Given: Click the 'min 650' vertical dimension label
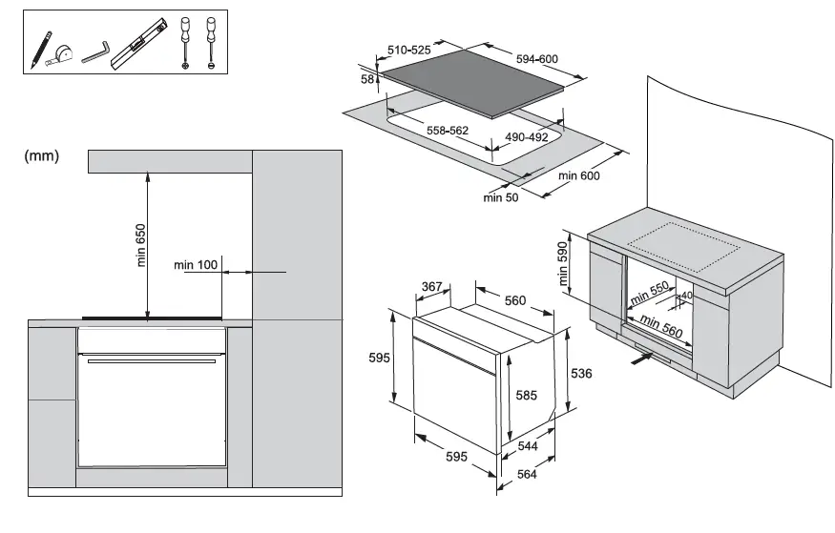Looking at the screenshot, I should (x=141, y=244).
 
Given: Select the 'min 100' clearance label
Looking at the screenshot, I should (x=197, y=264).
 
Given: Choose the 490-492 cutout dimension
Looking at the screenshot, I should (x=526, y=137).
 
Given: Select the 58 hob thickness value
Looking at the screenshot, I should (x=367, y=79).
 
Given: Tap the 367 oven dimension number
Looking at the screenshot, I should (x=432, y=286).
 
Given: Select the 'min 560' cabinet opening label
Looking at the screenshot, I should (x=659, y=326).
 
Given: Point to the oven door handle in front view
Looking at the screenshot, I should (x=152, y=360).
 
